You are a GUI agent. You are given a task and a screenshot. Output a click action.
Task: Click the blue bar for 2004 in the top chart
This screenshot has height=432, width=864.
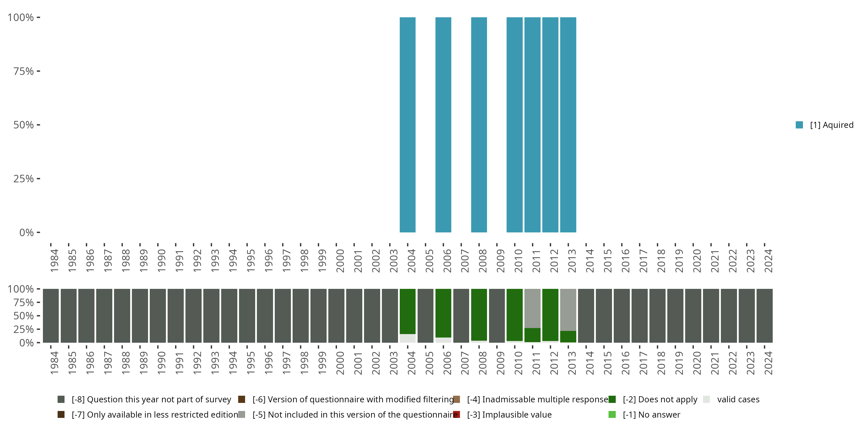408,125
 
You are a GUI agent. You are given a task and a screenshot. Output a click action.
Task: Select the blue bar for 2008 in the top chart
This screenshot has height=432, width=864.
479,125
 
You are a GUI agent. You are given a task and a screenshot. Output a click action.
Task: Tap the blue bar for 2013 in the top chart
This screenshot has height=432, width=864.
568,125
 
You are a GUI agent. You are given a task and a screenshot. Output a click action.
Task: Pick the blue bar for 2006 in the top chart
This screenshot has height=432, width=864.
443,125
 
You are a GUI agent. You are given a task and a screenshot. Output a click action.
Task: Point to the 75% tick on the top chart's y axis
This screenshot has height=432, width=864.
38,71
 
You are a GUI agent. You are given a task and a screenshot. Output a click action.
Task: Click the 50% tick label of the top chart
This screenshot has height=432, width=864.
24,125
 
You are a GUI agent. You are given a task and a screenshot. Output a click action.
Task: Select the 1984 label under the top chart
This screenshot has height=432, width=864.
54,261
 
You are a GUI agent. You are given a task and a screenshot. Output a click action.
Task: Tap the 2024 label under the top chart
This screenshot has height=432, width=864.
768,261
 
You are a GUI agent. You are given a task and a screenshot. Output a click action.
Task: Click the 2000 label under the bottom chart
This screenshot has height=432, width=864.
340,363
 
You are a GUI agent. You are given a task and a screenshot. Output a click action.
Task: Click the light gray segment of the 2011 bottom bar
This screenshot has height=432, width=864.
532,308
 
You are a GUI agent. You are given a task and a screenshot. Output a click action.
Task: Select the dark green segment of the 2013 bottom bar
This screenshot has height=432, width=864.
568,336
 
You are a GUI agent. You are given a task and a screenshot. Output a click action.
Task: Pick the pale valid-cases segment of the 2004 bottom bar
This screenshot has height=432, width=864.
408,338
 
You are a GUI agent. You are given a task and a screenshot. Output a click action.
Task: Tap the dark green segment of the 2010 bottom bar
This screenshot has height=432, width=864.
514,314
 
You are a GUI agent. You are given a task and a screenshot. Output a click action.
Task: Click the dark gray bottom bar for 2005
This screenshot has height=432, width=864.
425,316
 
